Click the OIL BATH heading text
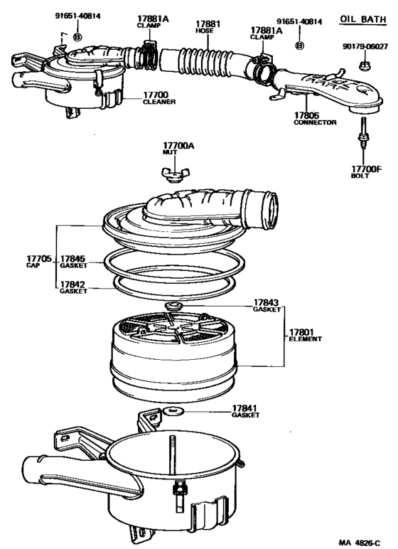[364, 18]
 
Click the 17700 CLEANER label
[159, 97]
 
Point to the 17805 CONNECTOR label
[315, 118]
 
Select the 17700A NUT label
[178, 149]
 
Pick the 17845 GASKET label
[73, 261]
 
